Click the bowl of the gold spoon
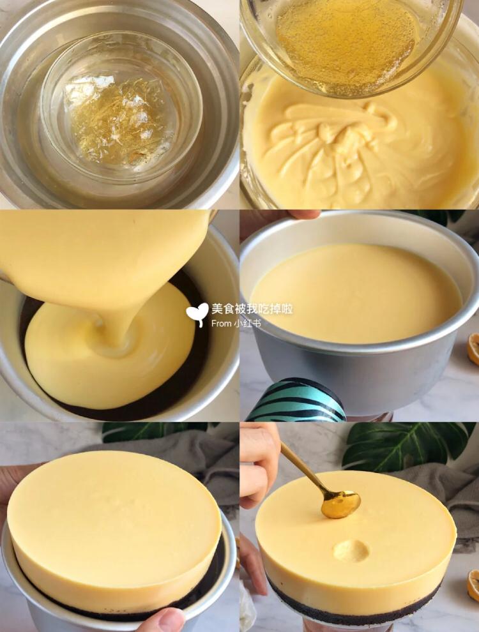click(340, 504)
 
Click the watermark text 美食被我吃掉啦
click(252, 310)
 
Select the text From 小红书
click(236, 323)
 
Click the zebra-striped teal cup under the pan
click(296, 400)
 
